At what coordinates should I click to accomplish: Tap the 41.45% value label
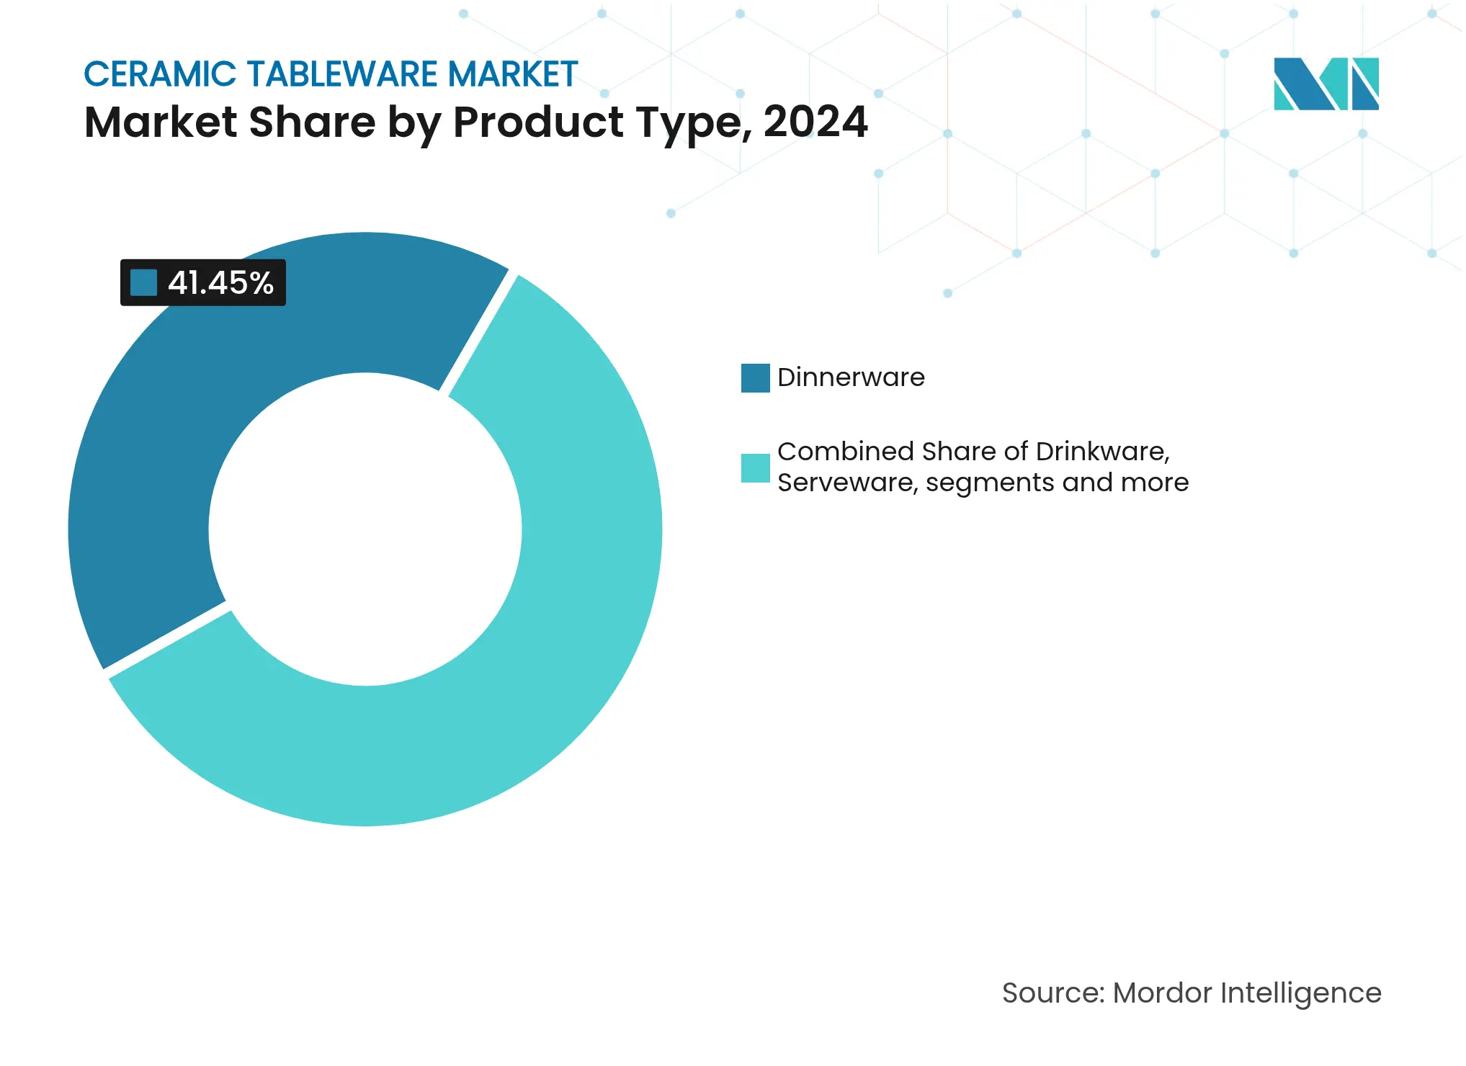220,283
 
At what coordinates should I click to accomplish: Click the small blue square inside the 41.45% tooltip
143,283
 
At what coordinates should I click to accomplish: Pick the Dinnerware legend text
851,377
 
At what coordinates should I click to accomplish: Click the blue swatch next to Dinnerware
755,378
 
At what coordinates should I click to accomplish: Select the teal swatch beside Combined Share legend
755,467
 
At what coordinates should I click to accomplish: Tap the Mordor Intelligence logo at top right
1326,84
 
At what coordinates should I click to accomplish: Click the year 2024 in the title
815,122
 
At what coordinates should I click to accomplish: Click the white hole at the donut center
365,529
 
